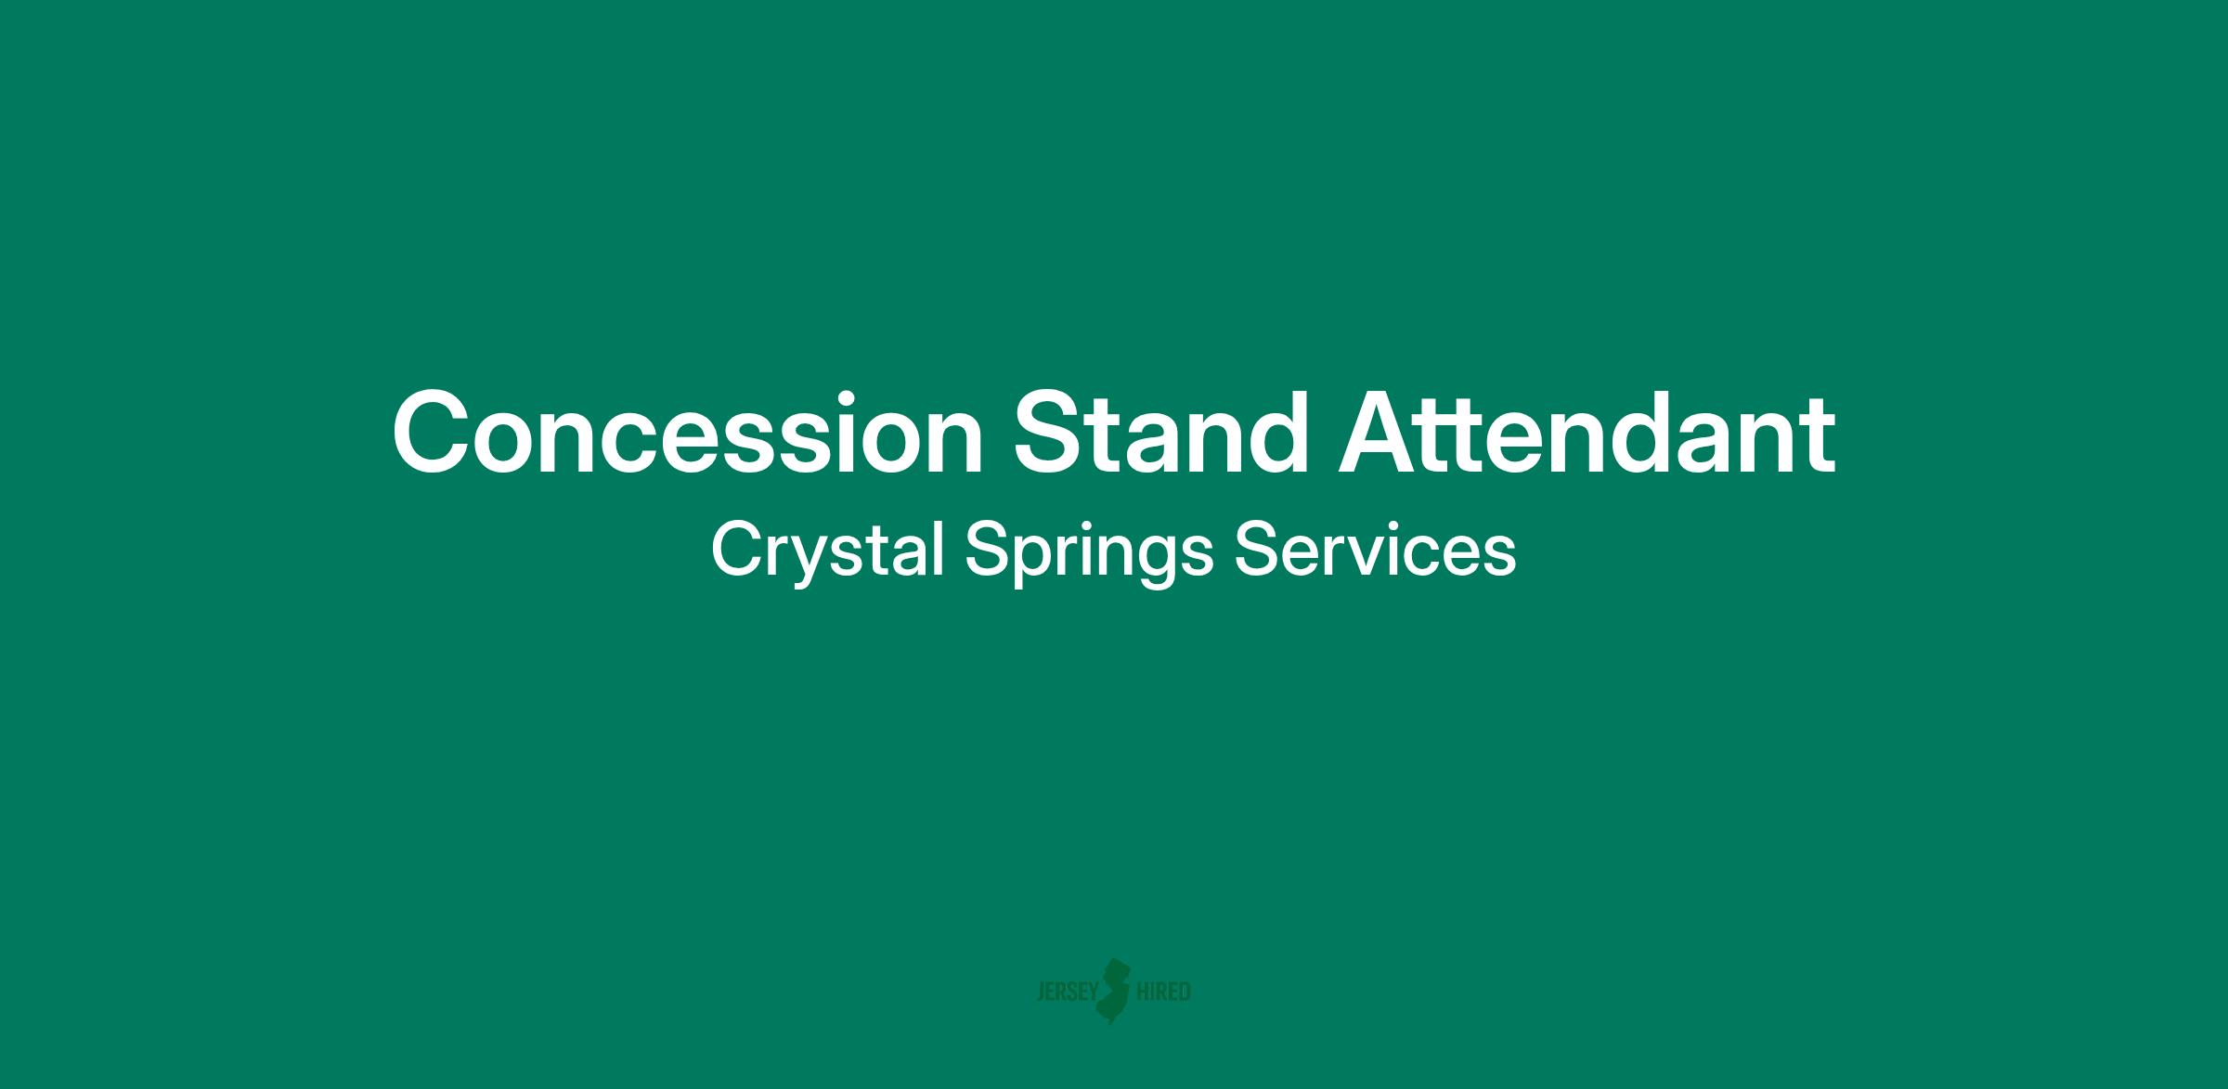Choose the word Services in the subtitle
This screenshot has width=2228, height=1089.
[x=1375, y=550]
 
